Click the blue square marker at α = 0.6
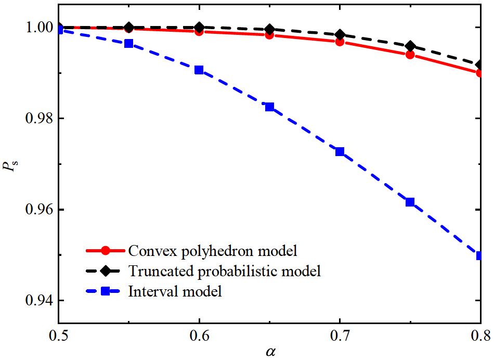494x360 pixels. click(x=199, y=70)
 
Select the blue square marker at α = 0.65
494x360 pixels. click(x=269, y=107)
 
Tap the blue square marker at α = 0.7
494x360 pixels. click(x=340, y=152)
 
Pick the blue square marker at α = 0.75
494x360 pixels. click(x=410, y=202)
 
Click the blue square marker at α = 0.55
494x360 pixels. click(x=129, y=44)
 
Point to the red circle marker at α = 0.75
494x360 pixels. click(x=410, y=55)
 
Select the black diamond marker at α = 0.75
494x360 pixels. click(x=410, y=46)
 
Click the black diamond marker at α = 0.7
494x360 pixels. click(x=340, y=35)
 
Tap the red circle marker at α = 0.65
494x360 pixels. click(x=269, y=35)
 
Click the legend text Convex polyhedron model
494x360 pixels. click(x=212, y=251)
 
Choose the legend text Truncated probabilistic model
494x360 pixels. click(x=224, y=271)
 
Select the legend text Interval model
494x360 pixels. click(x=175, y=291)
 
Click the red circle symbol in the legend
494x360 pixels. click(x=106, y=251)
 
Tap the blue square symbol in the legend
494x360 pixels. click(x=106, y=291)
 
